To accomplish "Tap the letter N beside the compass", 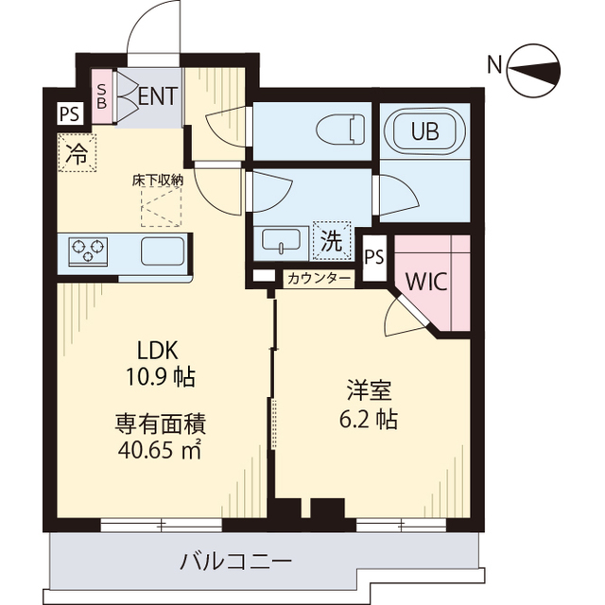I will pyautogui.click(x=494, y=65).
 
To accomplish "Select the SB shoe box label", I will pyautogui.click(x=103, y=95).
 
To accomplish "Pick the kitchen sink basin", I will pyautogui.click(x=164, y=252).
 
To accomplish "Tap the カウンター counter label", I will pyautogui.click(x=320, y=279).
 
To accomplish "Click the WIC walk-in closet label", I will pyautogui.click(x=426, y=282).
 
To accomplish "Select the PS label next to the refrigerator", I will pyautogui.click(x=69, y=114).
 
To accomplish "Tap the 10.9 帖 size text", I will pyautogui.click(x=161, y=377).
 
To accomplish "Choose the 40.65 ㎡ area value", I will pyautogui.click(x=161, y=450).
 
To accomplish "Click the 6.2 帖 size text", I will pyautogui.click(x=369, y=419).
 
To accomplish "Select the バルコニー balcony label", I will pyautogui.click(x=236, y=562).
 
